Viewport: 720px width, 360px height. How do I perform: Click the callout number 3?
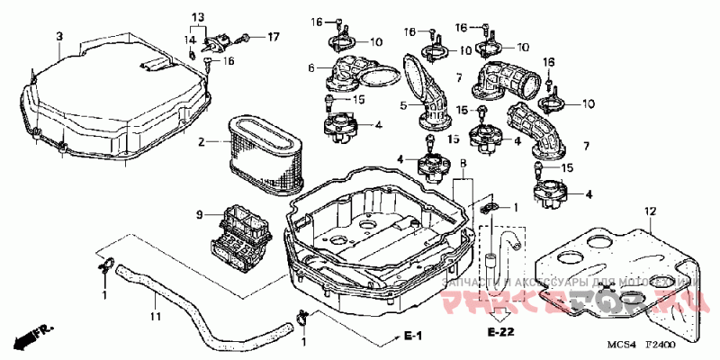[59, 36]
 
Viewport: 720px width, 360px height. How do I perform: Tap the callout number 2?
[202, 141]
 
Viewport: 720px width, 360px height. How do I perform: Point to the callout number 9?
[200, 214]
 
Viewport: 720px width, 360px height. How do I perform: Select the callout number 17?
[274, 37]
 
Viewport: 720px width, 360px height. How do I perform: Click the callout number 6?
[310, 67]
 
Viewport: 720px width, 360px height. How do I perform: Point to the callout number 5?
[404, 105]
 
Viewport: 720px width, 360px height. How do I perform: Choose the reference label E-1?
[413, 337]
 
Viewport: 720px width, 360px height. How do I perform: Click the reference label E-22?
[499, 334]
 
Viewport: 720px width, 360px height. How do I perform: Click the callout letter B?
[463, 165]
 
